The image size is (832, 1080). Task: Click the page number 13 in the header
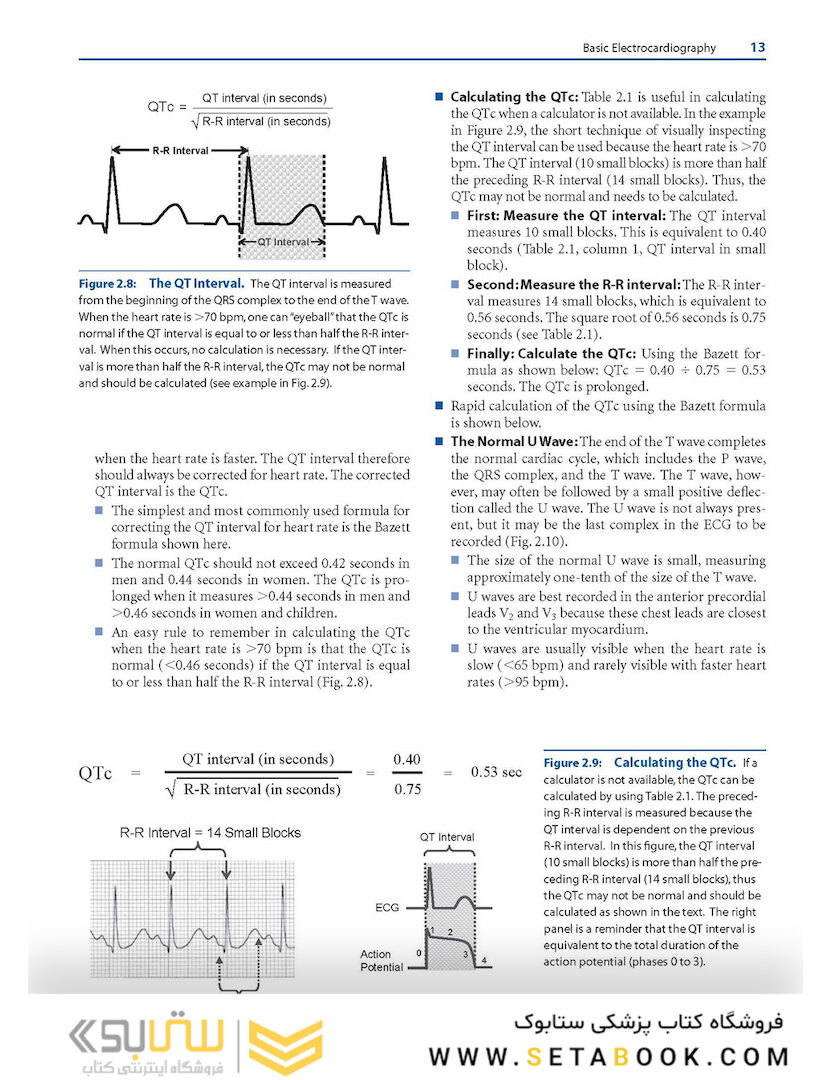coord(756,46)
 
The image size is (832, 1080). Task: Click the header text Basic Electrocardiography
coord(649,47)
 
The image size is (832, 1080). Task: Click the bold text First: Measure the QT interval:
coord(566,215)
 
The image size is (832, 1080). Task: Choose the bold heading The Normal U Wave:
coord(513,441)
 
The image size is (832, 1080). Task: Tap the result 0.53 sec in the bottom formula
coord(496,772)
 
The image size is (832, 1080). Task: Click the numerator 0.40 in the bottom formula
coord(407,759)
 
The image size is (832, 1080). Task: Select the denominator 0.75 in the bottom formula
coord(407,789)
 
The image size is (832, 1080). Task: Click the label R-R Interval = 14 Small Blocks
coord(210,832)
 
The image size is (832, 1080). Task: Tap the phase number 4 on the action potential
coord(485,962)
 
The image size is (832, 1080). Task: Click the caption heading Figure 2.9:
coord(574,762)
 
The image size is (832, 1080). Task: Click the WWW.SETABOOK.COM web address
coord(610,1056)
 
